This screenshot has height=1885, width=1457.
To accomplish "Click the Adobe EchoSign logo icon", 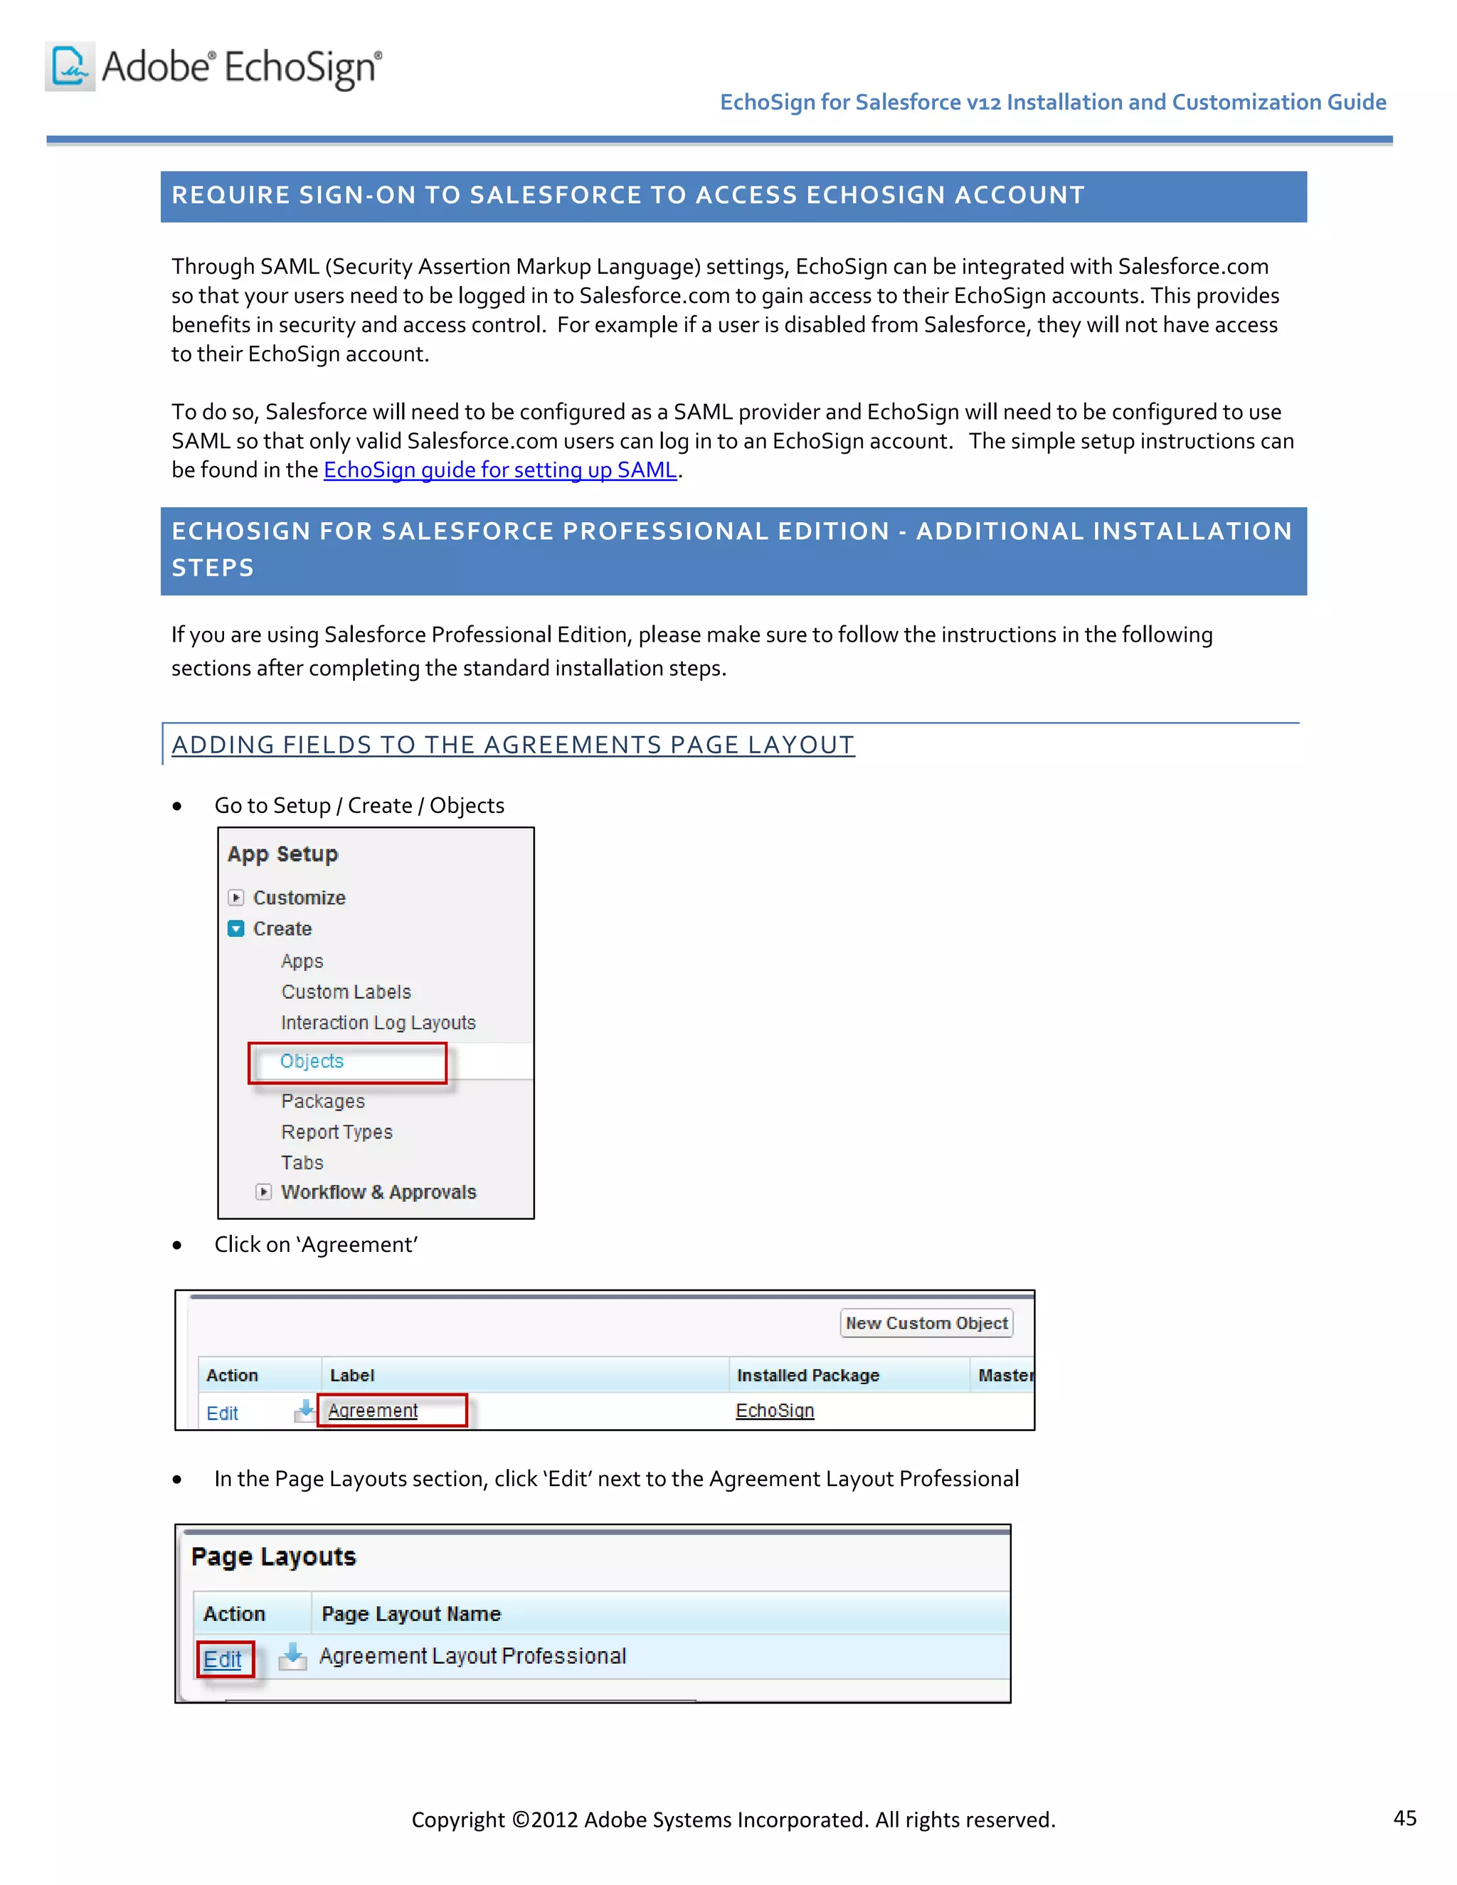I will point(70,66).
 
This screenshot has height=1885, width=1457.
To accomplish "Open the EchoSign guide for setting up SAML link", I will point(499,470).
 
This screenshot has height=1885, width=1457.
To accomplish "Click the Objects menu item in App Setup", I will point(312,1061).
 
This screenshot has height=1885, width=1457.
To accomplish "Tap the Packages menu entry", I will point(323,1101).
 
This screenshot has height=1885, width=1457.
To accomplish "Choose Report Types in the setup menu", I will point(337,1132).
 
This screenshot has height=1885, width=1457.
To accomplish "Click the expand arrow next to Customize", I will point(235,898).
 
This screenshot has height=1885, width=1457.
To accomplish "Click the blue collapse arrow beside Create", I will point(235,929).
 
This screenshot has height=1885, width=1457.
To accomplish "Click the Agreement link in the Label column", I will point(373,1411).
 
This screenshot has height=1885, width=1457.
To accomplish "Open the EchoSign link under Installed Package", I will point(774,1411).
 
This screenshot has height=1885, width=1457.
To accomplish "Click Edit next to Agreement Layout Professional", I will point(223,1659).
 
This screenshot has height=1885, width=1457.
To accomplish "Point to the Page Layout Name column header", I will point(411,1614).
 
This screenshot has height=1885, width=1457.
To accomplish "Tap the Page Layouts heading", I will point(274,1557).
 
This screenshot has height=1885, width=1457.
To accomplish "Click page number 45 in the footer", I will point(1404,1819).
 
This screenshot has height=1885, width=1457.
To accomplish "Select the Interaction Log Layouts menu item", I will point(378,1023).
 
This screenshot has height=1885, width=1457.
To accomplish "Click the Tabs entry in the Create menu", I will point(302,1162).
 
